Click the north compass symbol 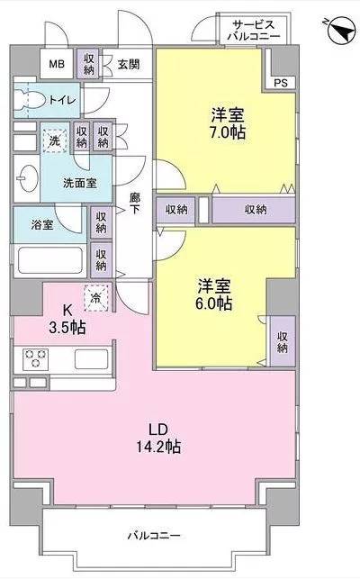339,31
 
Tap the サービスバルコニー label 254,31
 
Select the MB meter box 57,64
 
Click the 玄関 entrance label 129,65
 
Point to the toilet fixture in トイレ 29,101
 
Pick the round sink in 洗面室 27,179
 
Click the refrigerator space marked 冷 96,298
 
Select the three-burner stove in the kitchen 35,358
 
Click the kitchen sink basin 92,358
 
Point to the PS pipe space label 281,83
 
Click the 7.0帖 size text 228,132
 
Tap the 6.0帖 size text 214,303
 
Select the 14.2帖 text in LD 158,447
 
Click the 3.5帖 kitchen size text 67,327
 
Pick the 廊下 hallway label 135,204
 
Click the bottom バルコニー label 154,536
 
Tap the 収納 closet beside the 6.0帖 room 283,341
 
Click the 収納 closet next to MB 89,64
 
